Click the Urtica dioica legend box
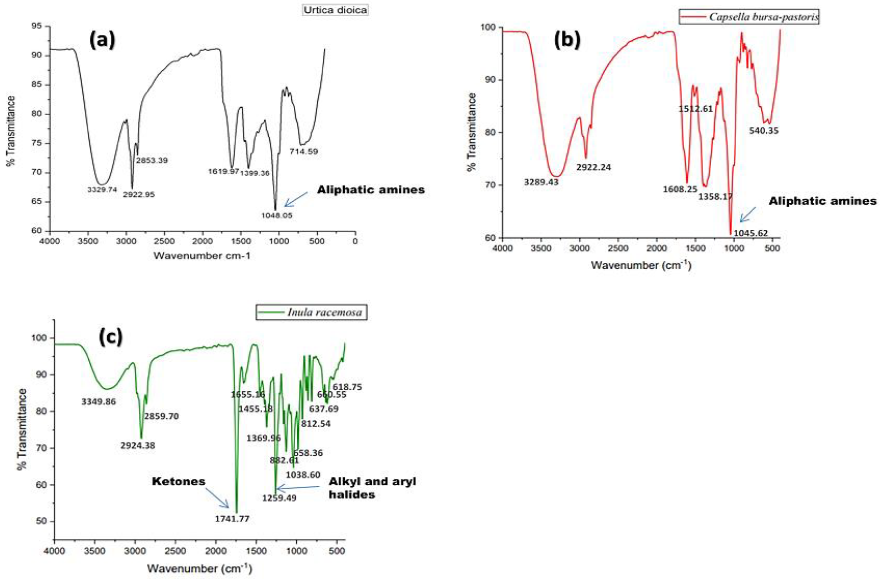(x=335, y=10)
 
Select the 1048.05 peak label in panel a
(x=276, y=215)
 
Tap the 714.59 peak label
(x=303, y=152)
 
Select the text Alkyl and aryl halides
(x=372, y=488)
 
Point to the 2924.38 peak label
(x=138, y=445)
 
